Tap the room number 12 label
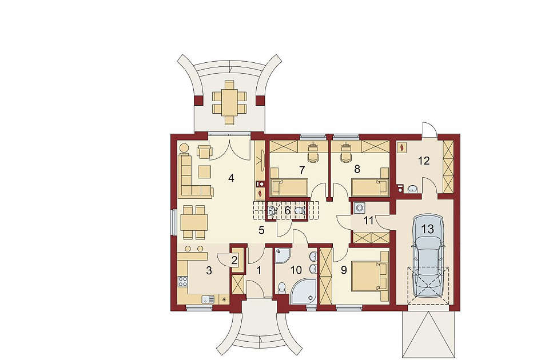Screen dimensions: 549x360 pos(424,161)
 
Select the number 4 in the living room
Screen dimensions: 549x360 pos(230,178)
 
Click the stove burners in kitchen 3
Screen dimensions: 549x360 pos(183,281)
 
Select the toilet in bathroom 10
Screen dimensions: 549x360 pos(282,287)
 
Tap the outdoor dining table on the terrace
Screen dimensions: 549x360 pos(229,102)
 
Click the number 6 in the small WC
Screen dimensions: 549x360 pos(287,211)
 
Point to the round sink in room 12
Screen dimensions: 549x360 pos(413,189)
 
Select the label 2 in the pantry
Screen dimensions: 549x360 pos(234,261)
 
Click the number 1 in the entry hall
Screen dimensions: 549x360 pos(258,270)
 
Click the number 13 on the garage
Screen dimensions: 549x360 pos(428,229)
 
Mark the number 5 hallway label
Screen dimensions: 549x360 pos(261,230)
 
